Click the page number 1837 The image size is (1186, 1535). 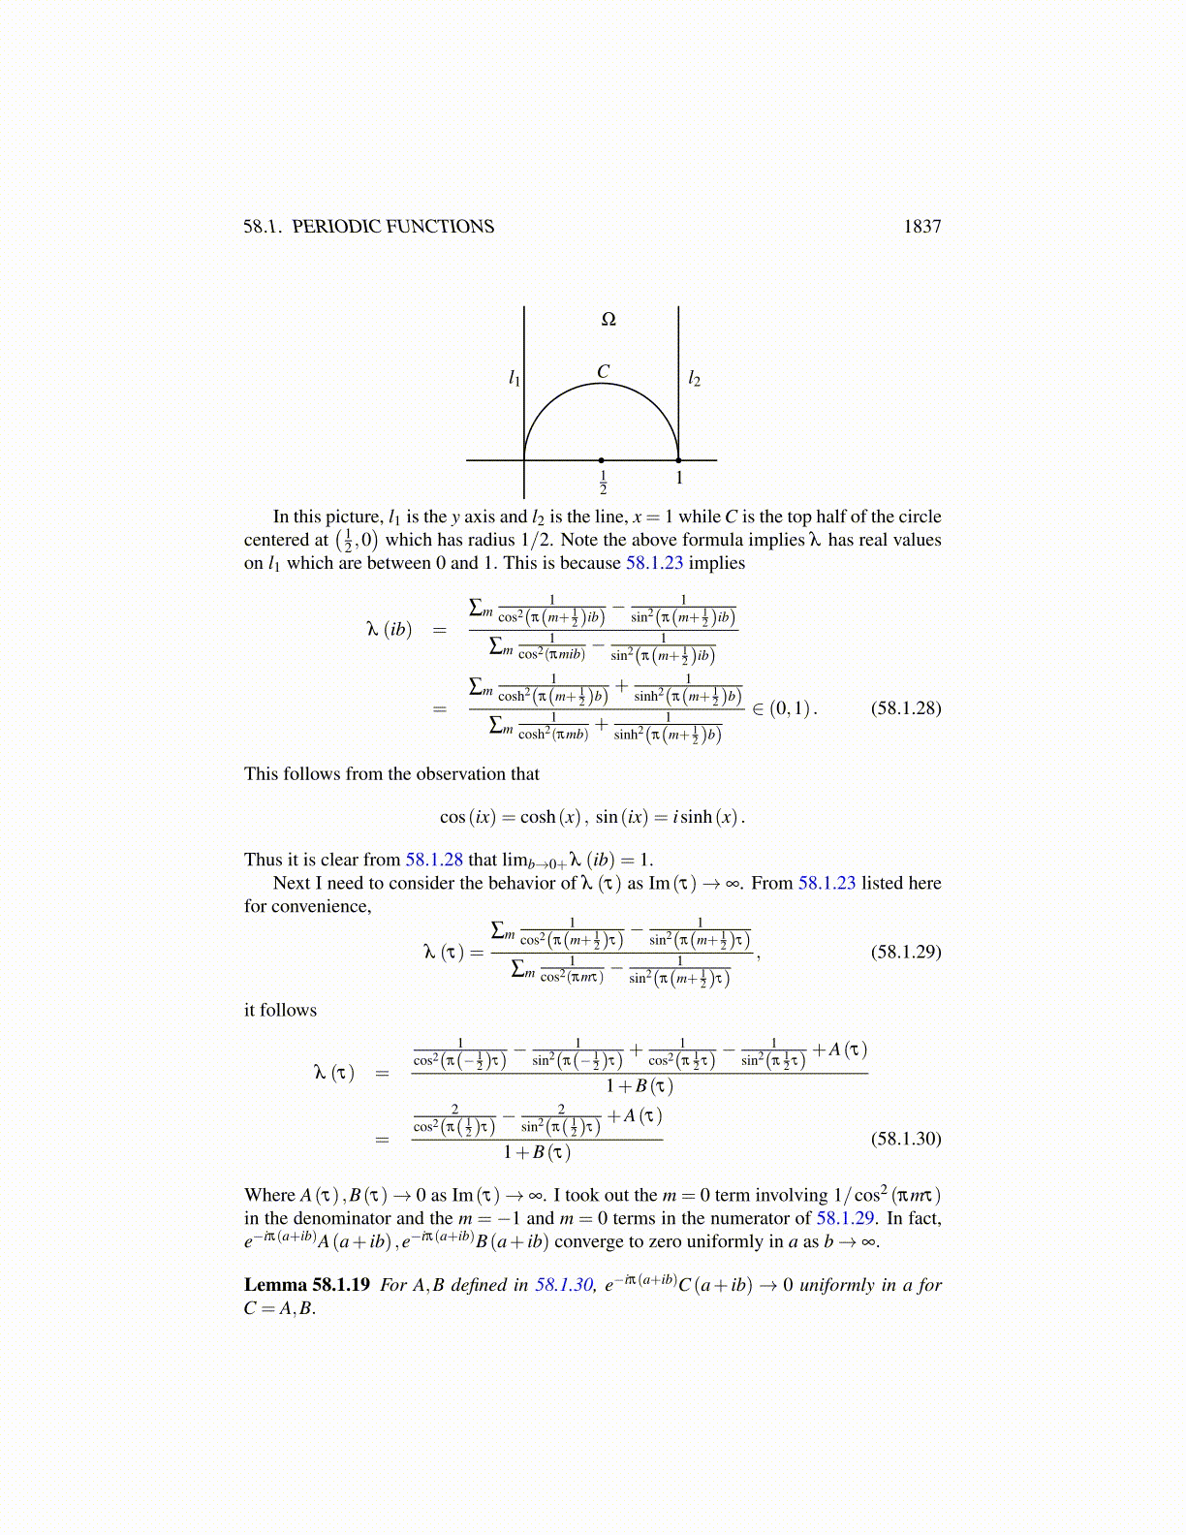[921, 227]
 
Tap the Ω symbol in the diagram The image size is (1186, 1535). [609, 320]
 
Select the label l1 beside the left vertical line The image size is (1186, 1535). [515, 378]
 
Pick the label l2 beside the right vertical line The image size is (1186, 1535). [694, 379]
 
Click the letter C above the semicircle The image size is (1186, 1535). [603, 372]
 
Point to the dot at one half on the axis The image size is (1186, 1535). [602, 460]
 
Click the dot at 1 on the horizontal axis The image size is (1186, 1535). [678, 460]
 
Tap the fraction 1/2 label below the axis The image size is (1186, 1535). [603, 482]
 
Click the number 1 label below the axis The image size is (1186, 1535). [679, 478]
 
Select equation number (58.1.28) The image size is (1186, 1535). [905, 707]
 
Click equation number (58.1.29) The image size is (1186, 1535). [905, 952]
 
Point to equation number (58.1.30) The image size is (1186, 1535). [905, 1139]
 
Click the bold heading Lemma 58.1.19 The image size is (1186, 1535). [306, 1285]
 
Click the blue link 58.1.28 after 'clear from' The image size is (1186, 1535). [433, 860]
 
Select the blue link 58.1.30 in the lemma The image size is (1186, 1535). [563, 1285]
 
